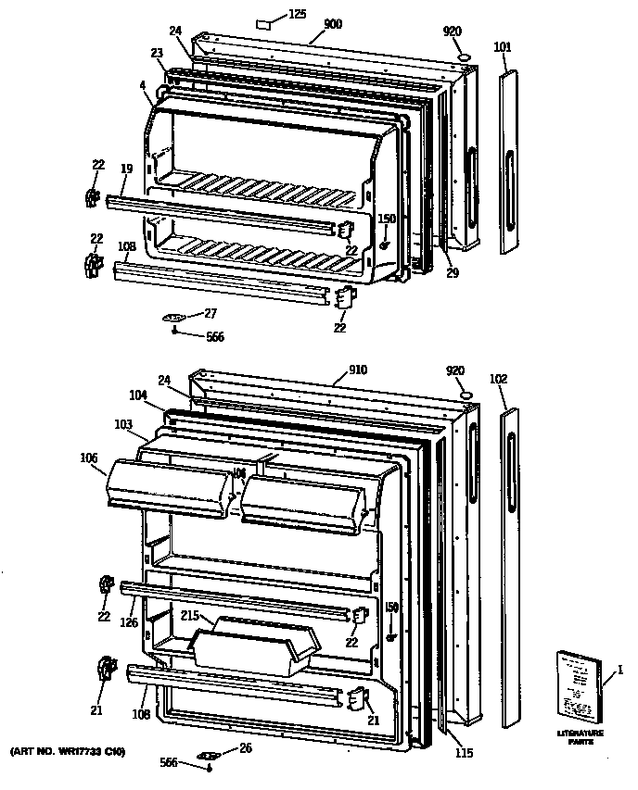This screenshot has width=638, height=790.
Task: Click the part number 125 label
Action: [297, 14]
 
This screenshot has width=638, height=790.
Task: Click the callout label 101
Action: [502, 46]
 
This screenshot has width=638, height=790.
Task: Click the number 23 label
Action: [158, 52]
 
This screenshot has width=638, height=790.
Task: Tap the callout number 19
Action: [126, 169]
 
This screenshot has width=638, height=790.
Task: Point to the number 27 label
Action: [211, 312]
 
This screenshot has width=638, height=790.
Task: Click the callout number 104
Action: [138, 395]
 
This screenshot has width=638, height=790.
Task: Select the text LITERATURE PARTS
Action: [581, 737]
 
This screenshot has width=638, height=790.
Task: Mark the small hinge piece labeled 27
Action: [174, 318]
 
